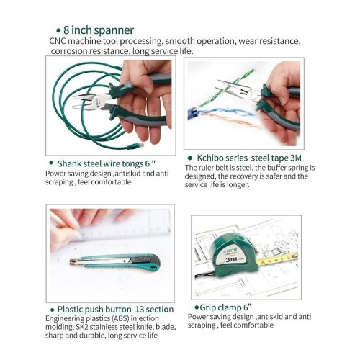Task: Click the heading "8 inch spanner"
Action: (99, 30)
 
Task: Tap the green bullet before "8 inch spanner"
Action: (58, 31)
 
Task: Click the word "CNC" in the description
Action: (58, 41)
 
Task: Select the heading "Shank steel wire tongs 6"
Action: (107, 163)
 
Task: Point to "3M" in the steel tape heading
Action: (296, 158)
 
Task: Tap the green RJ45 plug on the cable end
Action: (135, 145)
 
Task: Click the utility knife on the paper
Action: (114, 262)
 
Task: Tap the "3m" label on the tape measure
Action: (232, 259)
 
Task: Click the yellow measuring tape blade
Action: (276, 259)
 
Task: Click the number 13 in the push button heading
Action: (140, 310)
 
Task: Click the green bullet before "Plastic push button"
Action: (52, 310)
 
